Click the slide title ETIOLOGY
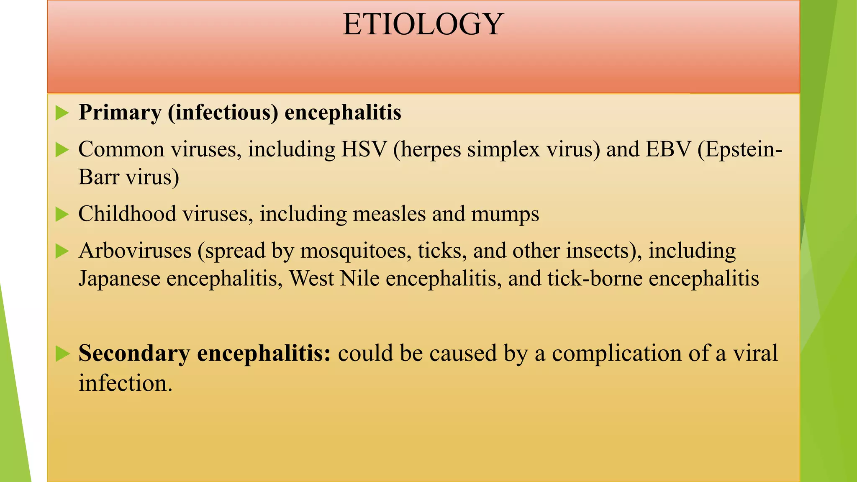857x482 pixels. click(423, 24)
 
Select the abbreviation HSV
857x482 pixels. click(364, 149)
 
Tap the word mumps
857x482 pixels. click(505, 215)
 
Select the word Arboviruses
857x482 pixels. click(135, 251)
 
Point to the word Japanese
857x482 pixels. click(119, 279)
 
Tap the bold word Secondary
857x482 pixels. click(134, 353)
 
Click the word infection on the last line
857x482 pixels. click(125, 383)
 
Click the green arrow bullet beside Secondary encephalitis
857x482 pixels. click(62, 354)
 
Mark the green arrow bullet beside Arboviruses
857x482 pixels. click(62, 251)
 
